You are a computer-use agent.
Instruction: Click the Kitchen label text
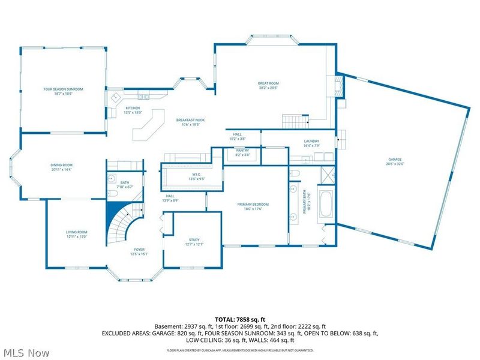point(133,110)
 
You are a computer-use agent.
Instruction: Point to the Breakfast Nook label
point(190,122)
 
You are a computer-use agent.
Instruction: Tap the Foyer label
point(139,251)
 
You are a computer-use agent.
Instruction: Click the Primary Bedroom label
point(253,206)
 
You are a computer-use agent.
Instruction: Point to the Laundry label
point(311,143)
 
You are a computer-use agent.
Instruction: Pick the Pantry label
point(242,152)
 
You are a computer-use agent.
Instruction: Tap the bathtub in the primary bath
point(328,204)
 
